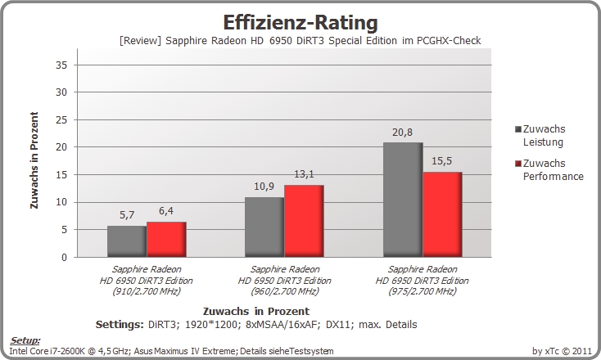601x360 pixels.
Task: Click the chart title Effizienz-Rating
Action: tap(300, 23)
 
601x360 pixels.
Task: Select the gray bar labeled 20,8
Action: tap(403, 200)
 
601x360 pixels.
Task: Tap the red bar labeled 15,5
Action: tap(442, 214)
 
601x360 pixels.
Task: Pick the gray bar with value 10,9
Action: tap(264, 227)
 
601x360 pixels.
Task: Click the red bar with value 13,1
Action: tap(304, 221)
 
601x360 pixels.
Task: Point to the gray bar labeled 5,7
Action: tap(127, 241)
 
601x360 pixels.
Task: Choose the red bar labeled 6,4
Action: tap(166, 240)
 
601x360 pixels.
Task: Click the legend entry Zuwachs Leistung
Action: tap(540, 136)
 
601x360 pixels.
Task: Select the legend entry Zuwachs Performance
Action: tap(549, 169)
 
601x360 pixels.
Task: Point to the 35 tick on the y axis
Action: tap(61, 65)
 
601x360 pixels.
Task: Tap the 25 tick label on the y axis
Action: tap(61, 120)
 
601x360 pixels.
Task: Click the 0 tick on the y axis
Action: tap(64, 258)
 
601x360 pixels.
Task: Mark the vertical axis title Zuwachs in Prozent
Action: tap(34, 160)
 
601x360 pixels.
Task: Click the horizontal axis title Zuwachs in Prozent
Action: tap(256, 311)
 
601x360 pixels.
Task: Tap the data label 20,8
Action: tap(403, 132)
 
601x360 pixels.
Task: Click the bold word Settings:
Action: tap(120, 324)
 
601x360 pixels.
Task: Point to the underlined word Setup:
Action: tap(25, 340)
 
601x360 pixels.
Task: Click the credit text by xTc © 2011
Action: tap(562, 351)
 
